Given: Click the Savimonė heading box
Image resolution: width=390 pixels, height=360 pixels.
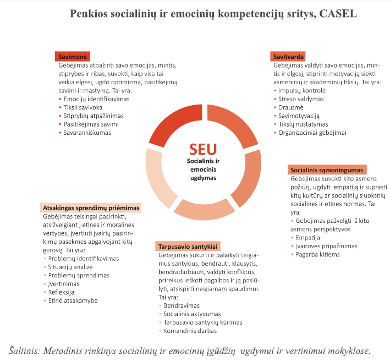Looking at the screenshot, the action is pyautogui.click(x=73, y=57).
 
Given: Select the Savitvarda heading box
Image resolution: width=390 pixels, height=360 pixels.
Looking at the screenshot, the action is pyautogui.click(x=288, y=57).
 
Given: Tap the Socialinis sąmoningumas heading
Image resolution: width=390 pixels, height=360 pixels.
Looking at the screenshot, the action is pyautogui.click(x=327, y=170).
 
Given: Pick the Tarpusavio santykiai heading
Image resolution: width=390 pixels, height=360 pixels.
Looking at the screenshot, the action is pyautogui.click(x=188, y=246).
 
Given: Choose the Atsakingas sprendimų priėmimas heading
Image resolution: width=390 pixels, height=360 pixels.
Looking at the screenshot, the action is pyautogui.click(x=91, y=208).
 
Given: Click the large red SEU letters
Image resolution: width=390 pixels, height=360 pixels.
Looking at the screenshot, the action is pyautogui.click(x=203, y=149).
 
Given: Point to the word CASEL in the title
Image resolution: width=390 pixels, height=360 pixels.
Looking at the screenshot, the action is pyautogui.click(x=338, y=13).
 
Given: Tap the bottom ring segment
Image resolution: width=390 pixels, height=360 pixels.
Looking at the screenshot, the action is pyautogui.click(x=204, y=210).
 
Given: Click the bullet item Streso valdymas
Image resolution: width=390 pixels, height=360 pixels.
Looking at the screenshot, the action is pyautogui.click(x=301, y=99).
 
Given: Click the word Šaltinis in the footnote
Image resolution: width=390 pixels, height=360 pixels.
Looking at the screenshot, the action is pyautogui.click(x=24, y=351).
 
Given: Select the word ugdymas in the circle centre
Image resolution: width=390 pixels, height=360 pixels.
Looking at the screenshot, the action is pyautogui.click(x=203, y=178).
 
